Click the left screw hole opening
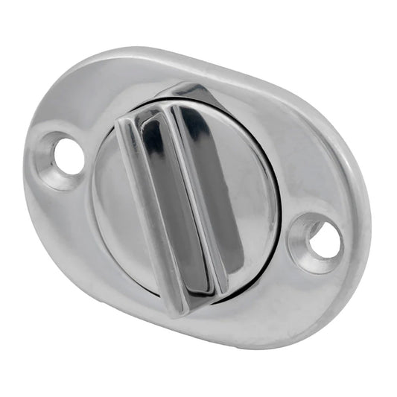pos(68,156)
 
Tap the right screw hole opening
pos(325,241)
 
